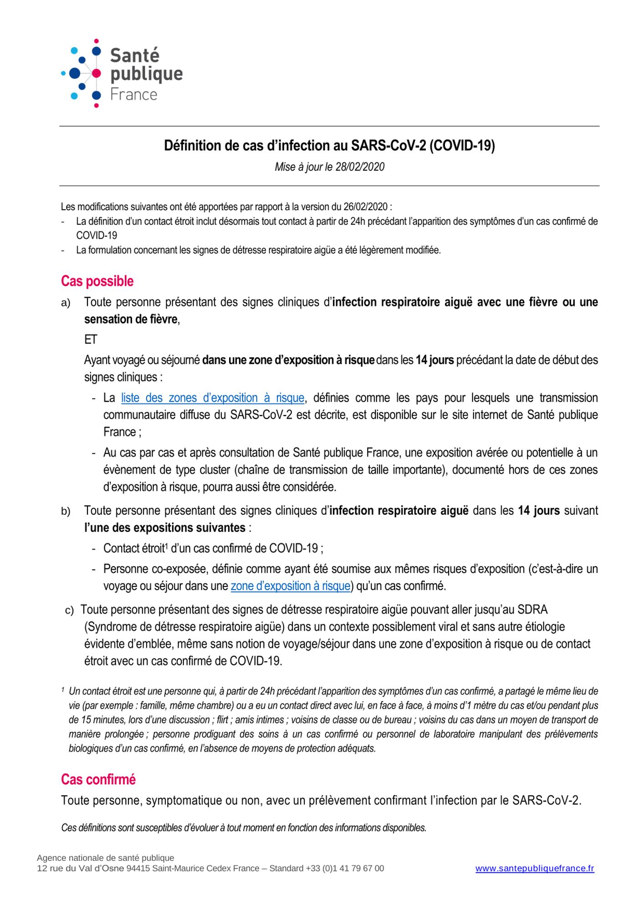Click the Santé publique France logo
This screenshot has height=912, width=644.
click(x=122, y=73)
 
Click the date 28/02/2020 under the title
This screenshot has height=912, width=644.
click(x=360, y=167)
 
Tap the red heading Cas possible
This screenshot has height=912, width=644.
click(x=97, y=281)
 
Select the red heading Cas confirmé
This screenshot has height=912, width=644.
click(x=98, y=779)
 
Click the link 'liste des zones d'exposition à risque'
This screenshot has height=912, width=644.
click(x=212, y=398)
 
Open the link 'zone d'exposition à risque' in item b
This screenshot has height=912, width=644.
click(x=291, y=586)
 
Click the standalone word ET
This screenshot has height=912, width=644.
click(x=91, y=340)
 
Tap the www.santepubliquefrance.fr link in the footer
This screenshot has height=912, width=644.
click(x=535, y=869)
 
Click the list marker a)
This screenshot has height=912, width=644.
click(x=66, y=303)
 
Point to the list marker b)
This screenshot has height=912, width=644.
click(x=66, y=512)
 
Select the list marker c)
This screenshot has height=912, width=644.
click(x=69, y=611)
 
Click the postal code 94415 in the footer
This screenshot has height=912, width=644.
click(x=138, y=869)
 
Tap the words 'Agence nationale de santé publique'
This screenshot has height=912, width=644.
click(x=106, y=858)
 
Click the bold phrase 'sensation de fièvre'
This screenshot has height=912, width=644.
click(x=131, y=319)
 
